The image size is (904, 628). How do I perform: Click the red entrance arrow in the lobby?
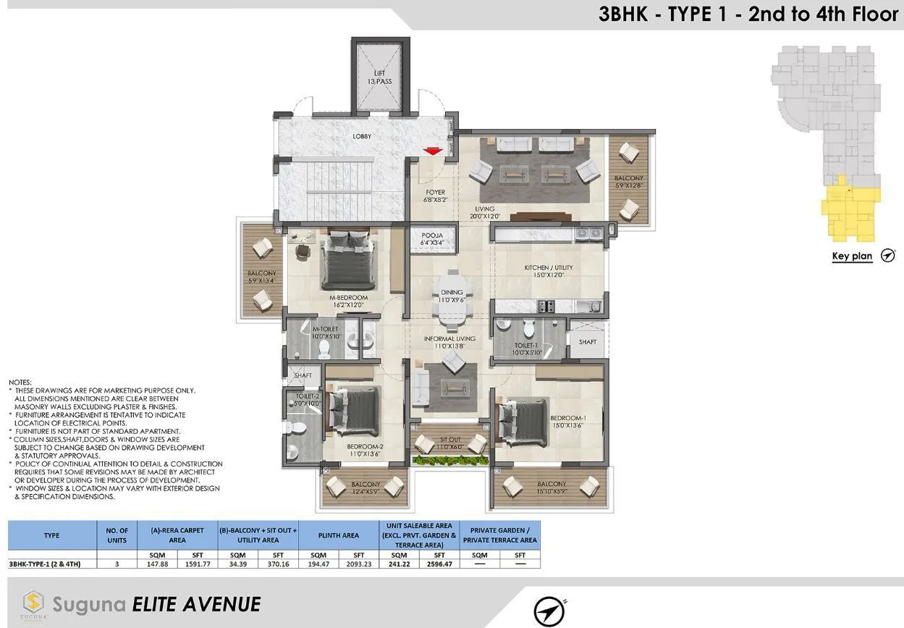pyautogui.click(x=433, y=151)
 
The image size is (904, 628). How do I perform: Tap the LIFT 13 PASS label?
pyautogui.click(x=379, y=77)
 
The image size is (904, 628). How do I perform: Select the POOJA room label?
pyautogui.click(x=432, y=239)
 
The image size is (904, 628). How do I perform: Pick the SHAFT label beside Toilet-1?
pyautogui.click(x=587, y=342)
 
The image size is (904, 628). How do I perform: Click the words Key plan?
pyautogui.click(x=852, y=256)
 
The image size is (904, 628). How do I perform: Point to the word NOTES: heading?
pyautogui.click(x=20, y=382)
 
